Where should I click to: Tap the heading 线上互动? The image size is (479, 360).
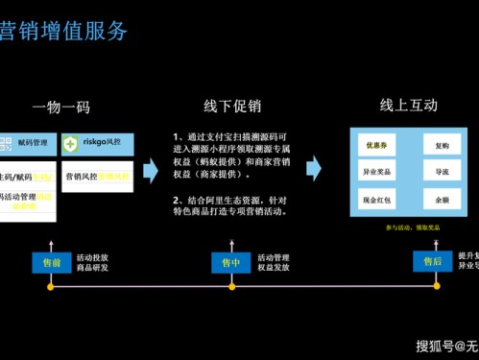coord(408,104)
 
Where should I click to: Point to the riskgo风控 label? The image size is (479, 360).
coord(105,144)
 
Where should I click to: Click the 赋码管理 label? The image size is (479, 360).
coord(33,144)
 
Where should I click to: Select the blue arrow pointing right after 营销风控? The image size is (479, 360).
coord(150,172)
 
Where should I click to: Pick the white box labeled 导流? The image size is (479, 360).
coord(442,173)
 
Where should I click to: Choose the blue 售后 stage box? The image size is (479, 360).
coord(432,261)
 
